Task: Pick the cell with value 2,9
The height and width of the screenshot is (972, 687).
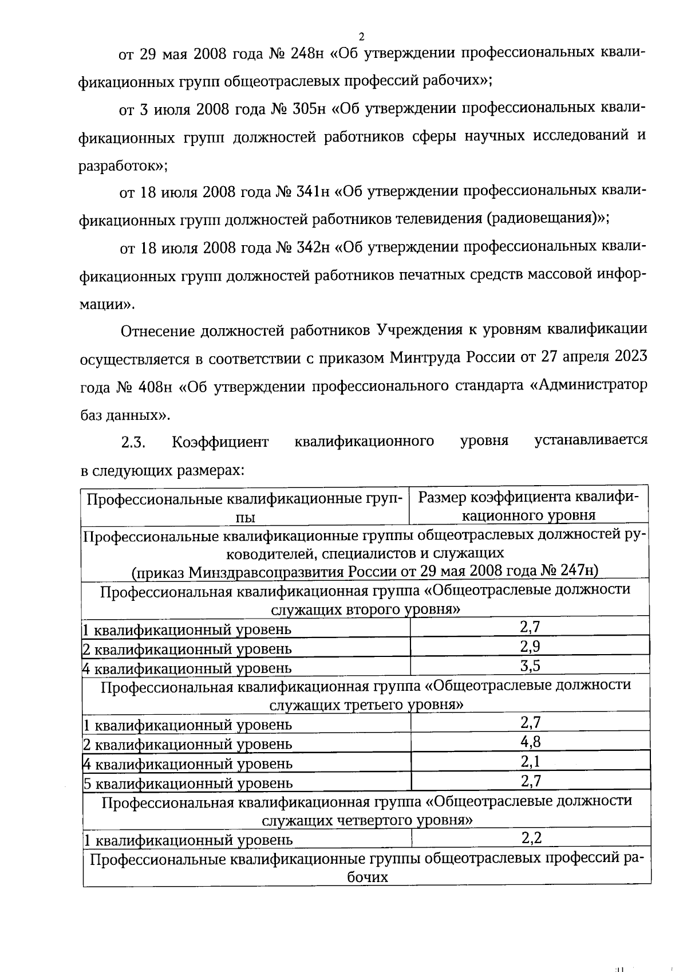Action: coord(530,646)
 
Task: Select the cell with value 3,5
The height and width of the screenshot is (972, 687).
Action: coord(530,665)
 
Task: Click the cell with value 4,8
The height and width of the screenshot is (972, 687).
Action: coord(530,742)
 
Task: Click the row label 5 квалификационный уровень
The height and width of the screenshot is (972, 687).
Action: coord(188,783)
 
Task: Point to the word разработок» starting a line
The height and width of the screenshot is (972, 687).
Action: coord(123,166)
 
